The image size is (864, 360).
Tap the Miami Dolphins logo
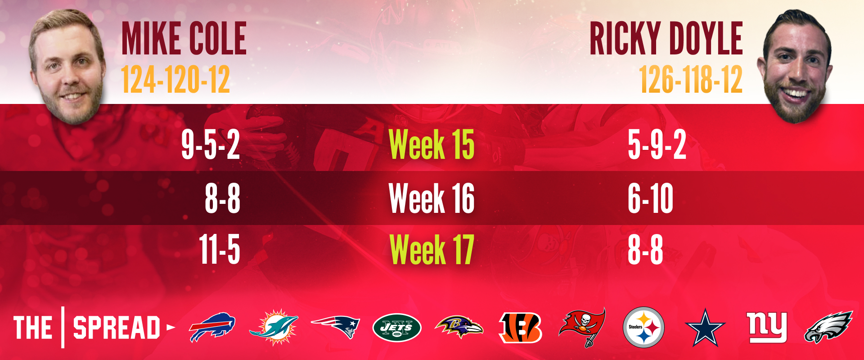[274, 327]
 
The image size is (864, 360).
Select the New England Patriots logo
[335, 326]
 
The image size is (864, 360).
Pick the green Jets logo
[397, 328]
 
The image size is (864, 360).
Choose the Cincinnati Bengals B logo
[521, 327]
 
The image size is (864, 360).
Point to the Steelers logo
[644, 327]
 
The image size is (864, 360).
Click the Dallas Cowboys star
[705, 328]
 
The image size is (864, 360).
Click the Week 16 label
[432, 198]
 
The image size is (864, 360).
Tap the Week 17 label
[432, 249]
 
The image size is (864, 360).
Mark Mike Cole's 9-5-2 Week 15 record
[210, 144]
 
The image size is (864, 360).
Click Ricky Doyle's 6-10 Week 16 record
[651, 198]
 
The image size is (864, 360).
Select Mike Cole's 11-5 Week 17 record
[220, 249]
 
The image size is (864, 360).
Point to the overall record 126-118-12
[691, 80]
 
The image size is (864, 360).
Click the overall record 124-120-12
[175, 80]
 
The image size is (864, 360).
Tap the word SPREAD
[117, 328]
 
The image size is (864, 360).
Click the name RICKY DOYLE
[666, 38]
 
